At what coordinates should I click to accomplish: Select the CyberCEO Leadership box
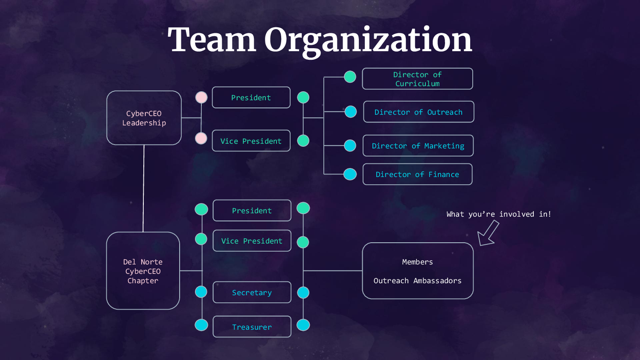[144, 118]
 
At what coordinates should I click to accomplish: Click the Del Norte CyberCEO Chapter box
[143, 271]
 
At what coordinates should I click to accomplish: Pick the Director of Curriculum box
[417, 79]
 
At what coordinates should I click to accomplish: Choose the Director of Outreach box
[419, 112]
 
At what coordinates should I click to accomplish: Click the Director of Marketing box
[418, 146]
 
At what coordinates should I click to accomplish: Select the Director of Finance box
[417, 174]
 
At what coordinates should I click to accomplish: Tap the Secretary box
[252, 293]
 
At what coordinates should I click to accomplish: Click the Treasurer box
[252, 327]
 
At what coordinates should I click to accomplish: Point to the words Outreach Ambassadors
[417, 281]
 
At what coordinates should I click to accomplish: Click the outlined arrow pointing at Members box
[488, 234]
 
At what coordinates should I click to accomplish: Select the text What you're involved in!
[499, 214]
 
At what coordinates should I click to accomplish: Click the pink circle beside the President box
[201, 98]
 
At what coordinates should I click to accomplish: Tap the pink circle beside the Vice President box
[201, 138]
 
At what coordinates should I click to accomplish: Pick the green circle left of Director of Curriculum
[350, 77]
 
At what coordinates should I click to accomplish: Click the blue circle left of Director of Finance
[350, 174]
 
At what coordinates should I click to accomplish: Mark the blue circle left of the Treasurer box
[201, 325]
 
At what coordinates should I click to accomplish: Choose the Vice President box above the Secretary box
[252, 241]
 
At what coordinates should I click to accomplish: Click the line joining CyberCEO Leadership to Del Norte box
[143, 188]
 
